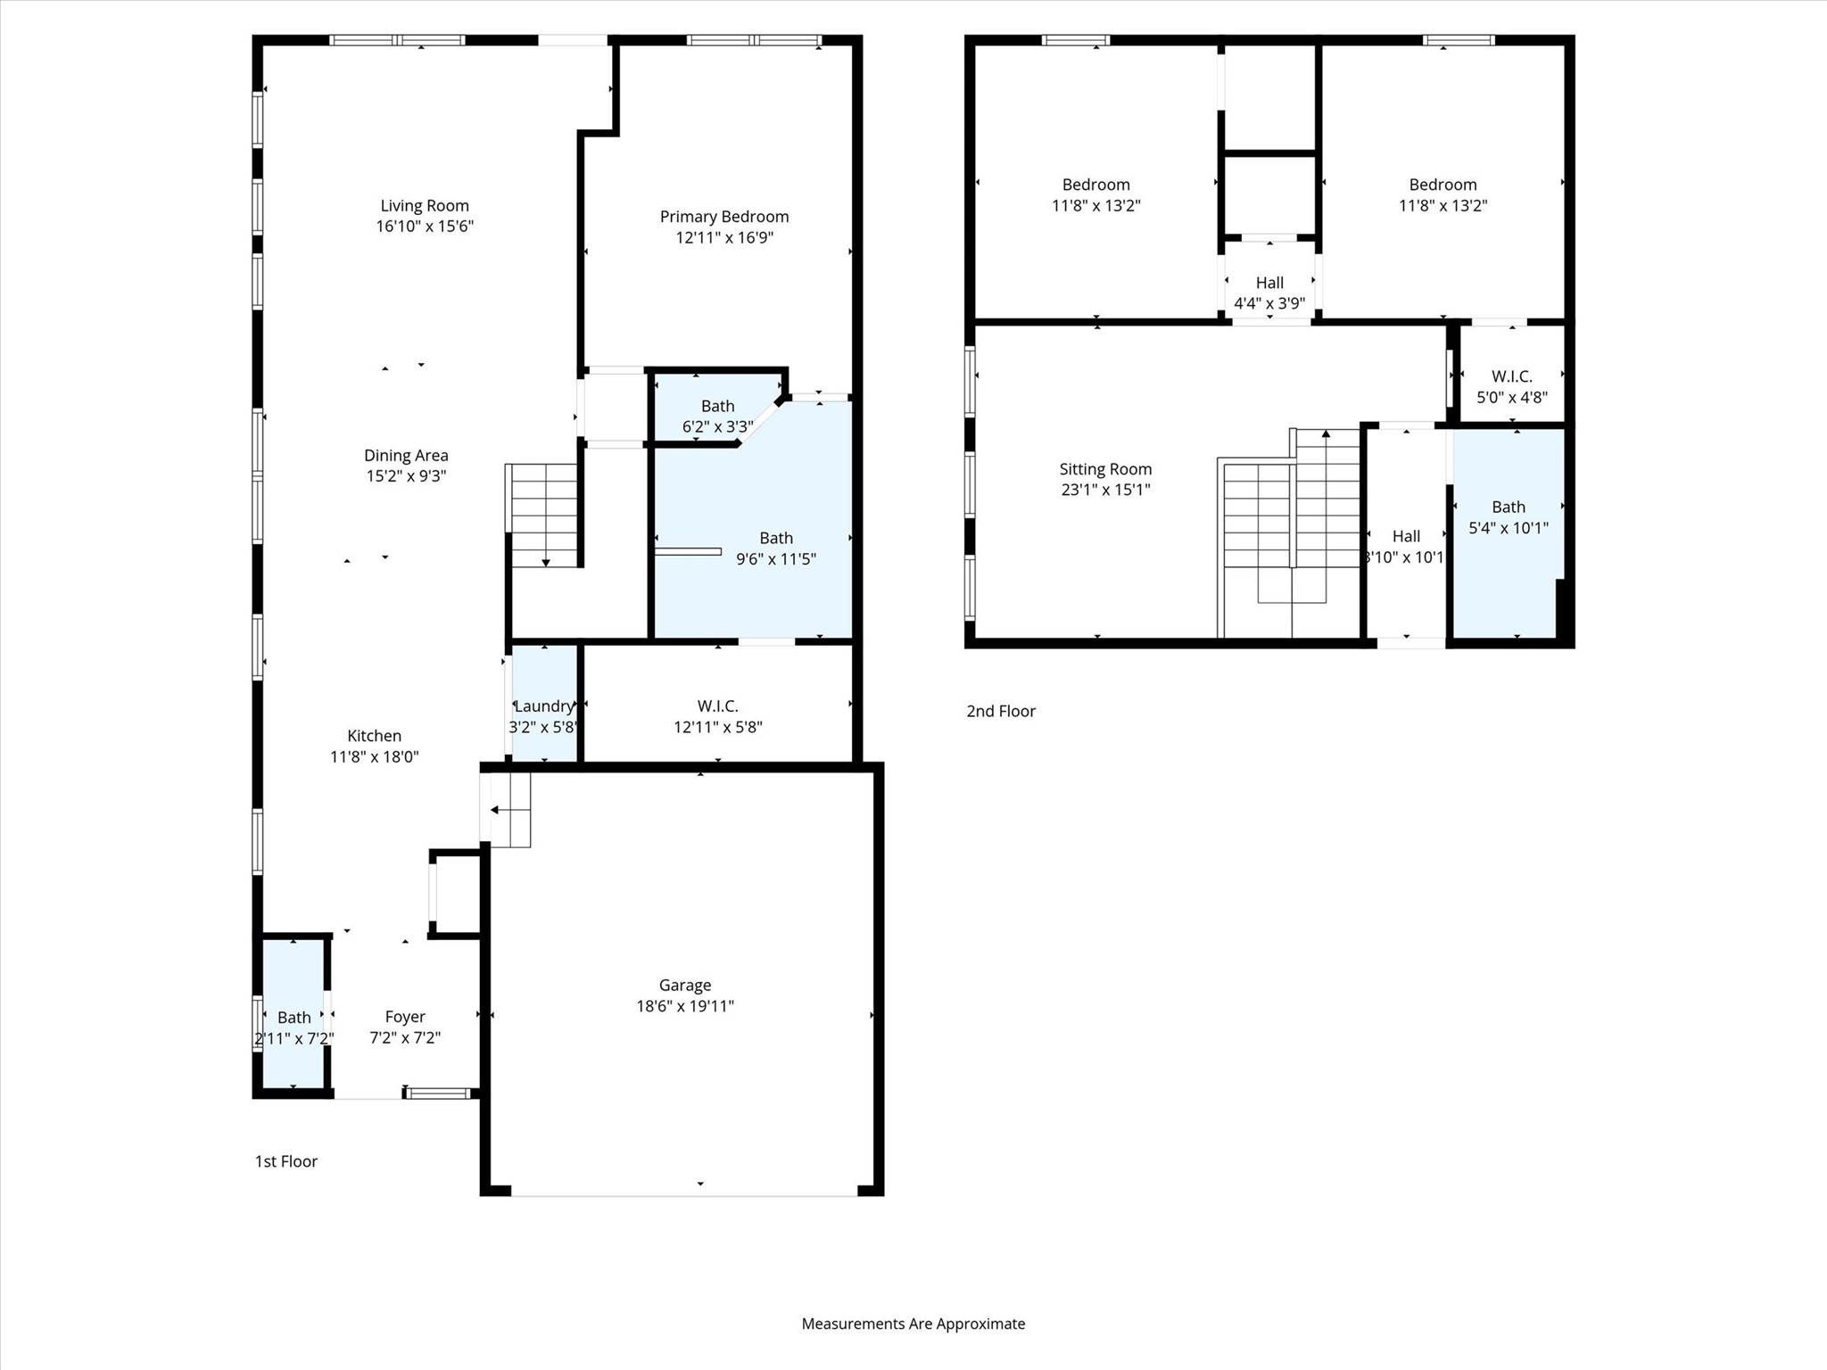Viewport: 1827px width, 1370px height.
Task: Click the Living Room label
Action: pos(425,206)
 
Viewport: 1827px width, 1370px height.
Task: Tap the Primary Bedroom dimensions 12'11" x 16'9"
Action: pos(724,237)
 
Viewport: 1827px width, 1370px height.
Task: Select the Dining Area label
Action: pos(406,456)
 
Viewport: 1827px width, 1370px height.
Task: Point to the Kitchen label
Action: pos(374,736)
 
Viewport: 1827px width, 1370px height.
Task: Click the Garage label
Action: pos(685,986)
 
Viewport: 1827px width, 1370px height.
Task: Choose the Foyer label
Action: pos(405,1017)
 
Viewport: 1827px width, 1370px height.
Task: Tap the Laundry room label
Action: pos(544,706)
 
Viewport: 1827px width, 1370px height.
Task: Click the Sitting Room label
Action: pos(1105,469)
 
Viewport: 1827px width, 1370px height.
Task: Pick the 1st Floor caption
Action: pos(286,1161)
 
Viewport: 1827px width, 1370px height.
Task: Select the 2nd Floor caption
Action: pos(1001,711)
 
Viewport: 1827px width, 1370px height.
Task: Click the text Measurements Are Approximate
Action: pos(913,1324)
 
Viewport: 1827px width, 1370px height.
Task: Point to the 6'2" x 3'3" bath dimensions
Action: pos(718,426)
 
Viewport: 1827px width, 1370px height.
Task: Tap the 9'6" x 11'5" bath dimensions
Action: pos(776,559)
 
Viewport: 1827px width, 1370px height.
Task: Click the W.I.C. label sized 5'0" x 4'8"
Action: pos(1512,376)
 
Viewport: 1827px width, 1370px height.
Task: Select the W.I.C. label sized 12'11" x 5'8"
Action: pos(718,706)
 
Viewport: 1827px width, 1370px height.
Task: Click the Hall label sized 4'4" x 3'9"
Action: pos(1269,283)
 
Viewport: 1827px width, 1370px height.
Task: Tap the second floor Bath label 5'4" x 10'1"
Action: pos(1509,507)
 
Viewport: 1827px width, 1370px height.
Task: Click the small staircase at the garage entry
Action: pos(506,810)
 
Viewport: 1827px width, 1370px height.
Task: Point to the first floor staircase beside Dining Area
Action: pos(542,516)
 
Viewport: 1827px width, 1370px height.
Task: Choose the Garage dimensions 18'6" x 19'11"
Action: pos(685,1006)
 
